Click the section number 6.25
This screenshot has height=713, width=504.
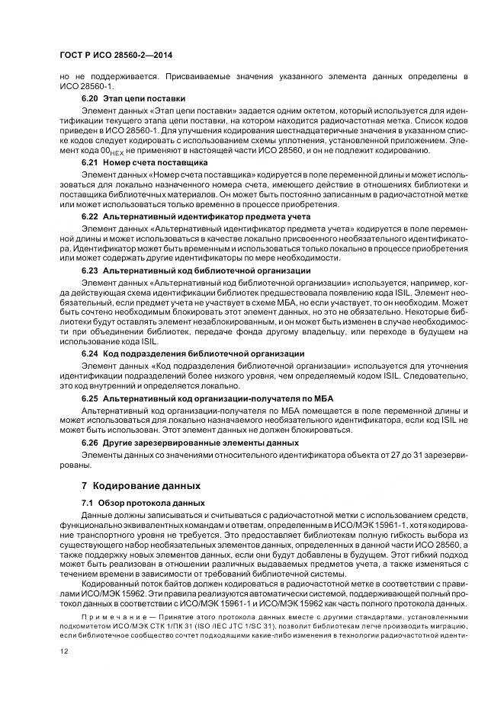point(90,398)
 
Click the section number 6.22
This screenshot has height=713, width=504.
point(90,217)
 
